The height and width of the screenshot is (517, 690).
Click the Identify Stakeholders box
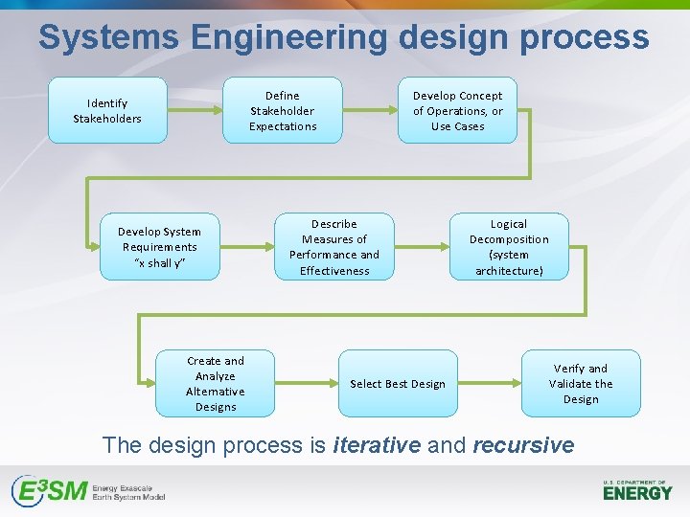107,110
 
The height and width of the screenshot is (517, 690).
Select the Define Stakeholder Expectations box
283,110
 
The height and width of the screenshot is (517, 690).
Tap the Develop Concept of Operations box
457,110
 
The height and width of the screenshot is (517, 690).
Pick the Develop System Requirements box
159,246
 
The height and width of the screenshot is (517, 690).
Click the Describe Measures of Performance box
334,246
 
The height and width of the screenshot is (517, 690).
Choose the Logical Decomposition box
509,246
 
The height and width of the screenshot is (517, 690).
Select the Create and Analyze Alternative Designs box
216,383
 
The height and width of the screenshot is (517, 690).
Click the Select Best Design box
398,383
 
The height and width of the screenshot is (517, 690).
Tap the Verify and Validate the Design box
581,383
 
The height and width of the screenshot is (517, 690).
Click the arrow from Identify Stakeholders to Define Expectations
195,110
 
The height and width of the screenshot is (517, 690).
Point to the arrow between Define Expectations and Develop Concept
370,110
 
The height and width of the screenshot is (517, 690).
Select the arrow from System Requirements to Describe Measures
246,246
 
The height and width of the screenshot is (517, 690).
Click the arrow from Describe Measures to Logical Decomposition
422,246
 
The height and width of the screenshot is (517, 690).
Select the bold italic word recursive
523,445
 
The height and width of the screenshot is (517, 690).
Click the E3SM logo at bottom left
88,491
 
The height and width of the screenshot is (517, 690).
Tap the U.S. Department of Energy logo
637,489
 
